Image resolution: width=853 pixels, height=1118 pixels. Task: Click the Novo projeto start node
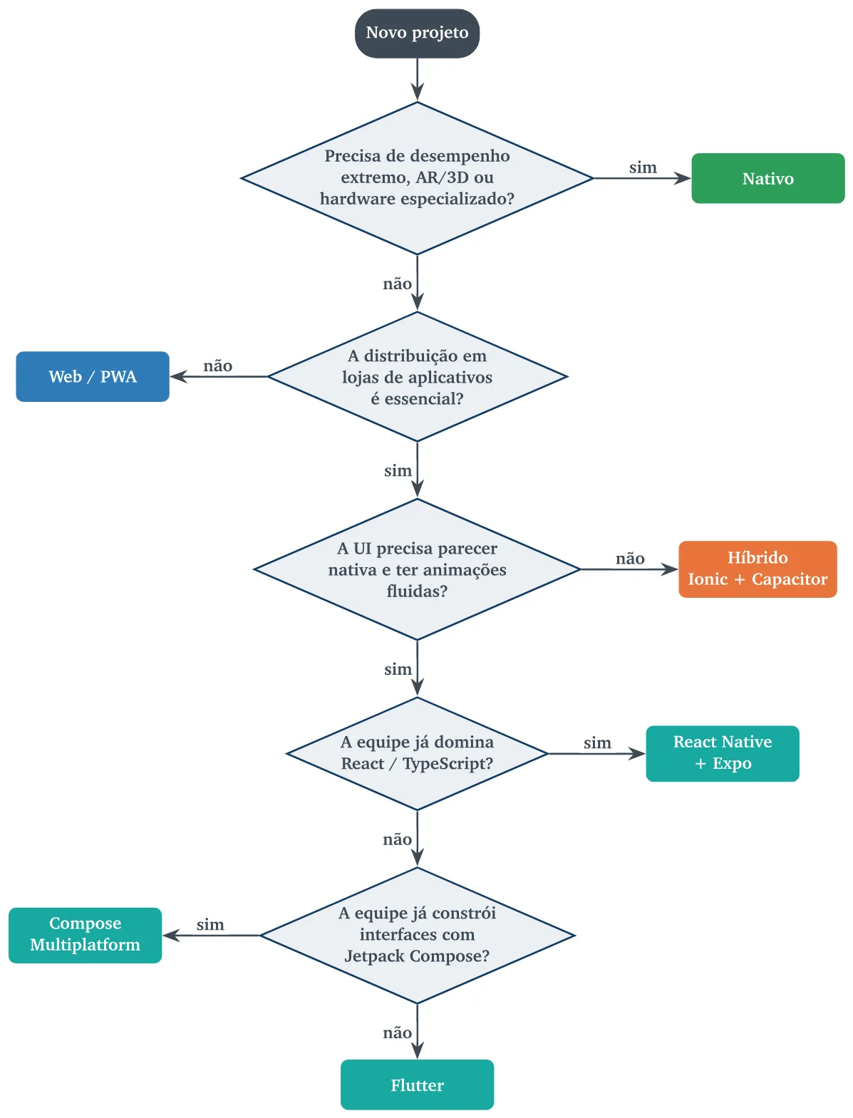click(417, 33)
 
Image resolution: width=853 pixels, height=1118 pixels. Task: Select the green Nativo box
click(767, 178)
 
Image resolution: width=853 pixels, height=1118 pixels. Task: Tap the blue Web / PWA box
click(93, 376)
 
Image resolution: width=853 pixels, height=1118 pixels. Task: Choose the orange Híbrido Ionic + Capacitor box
click(758, 569)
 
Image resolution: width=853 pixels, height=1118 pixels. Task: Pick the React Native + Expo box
click(722, 752)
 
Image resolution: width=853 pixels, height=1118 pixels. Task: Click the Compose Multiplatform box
click(85, 935)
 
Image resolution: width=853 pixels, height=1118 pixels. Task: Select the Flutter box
click(417, 1085)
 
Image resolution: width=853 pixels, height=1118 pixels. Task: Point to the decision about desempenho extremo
click(417, 177)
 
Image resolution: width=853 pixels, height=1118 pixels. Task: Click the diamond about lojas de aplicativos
click(417, 376)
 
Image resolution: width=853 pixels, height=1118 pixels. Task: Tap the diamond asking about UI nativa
click(417, 569)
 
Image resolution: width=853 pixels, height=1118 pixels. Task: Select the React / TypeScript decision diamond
click(417, 753)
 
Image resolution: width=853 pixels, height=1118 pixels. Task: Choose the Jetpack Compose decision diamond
click(417, 935)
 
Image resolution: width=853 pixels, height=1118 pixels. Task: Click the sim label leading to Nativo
click(643, 167)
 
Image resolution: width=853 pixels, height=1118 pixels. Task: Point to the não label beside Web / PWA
click(218, 366)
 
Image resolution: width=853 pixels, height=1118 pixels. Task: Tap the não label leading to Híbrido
click(630, 559)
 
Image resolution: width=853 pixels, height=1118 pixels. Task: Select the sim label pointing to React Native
click(597, 742)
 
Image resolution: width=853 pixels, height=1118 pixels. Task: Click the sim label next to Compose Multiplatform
click(210, 924)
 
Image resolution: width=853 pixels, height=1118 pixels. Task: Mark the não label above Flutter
click(397, 1032)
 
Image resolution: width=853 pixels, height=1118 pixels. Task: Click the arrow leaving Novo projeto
click(417, 80)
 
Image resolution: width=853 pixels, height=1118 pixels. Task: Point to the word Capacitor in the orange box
click(790, 579)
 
